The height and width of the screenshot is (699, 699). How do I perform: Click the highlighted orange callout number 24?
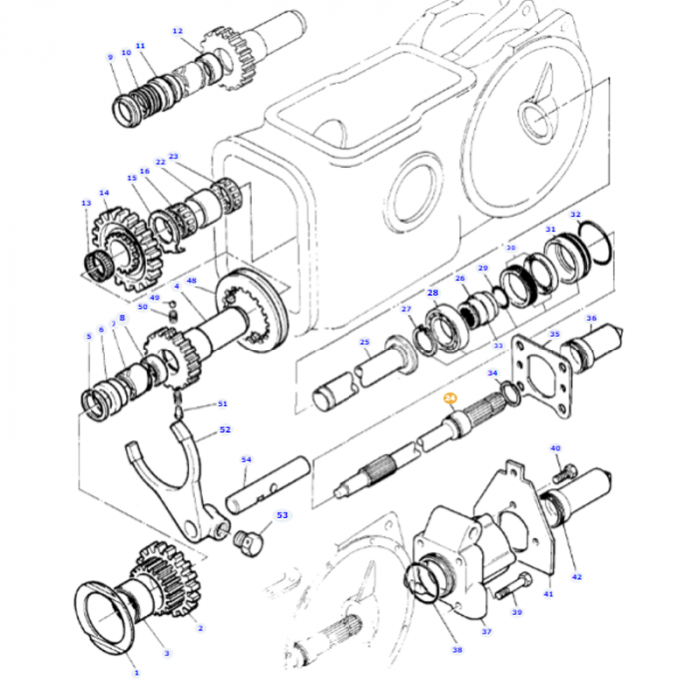tap(450, 397)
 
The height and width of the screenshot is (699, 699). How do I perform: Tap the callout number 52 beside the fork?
tap(225, 431)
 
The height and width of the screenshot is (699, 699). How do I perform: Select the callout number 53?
tap(282, 515)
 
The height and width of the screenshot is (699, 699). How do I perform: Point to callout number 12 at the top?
tap(178, 31)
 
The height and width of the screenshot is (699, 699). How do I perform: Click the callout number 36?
tap(591, 319)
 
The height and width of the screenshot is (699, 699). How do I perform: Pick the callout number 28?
tap(433, 292)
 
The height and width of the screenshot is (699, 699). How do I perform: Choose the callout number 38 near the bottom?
tap(457, 650)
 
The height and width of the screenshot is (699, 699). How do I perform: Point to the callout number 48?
tap(191, 281)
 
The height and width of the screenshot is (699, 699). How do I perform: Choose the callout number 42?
tap(577, 576)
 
